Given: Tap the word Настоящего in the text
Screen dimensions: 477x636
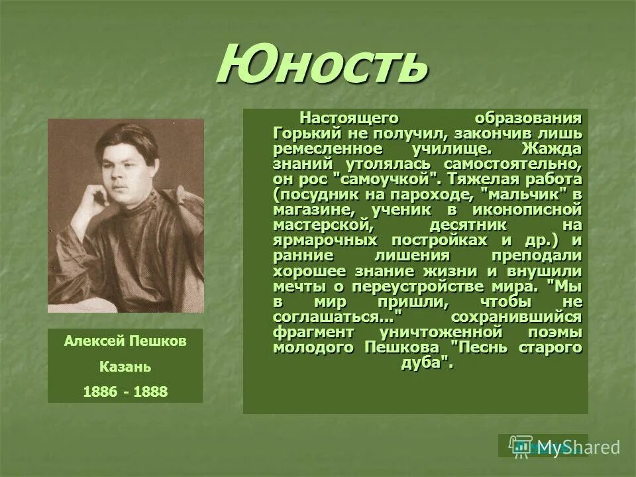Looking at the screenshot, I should click(x=343, y=117).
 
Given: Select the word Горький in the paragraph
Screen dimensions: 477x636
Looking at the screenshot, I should click(x=298, y=132).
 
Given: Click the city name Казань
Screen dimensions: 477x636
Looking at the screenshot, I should click(x=125, y=366).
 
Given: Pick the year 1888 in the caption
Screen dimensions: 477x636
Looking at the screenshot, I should click(x=150, y=392).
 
